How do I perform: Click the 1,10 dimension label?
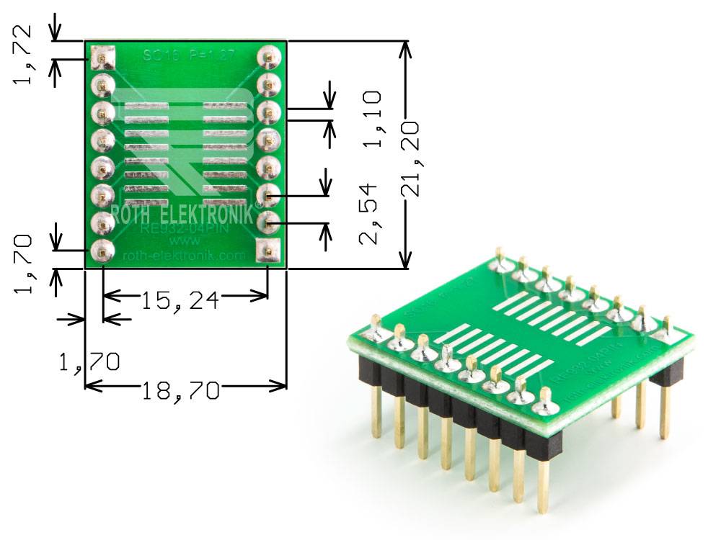click(372, 119)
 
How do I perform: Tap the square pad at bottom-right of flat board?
click(268, 251)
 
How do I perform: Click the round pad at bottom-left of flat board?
click(103, 251)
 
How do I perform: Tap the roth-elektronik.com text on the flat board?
click(185, 256)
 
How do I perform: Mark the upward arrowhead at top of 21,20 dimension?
click(407, 48)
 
